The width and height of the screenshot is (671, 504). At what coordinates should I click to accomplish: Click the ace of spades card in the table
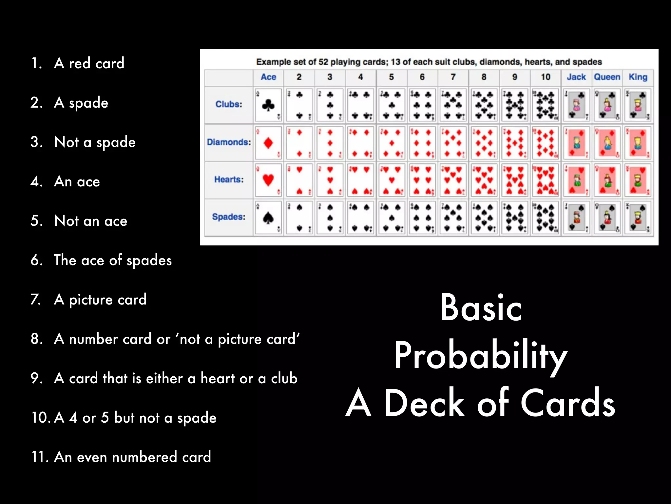[268, 217]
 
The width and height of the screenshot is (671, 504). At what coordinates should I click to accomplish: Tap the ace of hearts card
[268, 180]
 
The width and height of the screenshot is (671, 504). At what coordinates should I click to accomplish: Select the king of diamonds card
[638, 143]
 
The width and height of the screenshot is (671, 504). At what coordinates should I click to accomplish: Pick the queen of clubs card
[607, 105]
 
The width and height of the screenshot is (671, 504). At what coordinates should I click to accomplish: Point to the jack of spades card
[576, 217]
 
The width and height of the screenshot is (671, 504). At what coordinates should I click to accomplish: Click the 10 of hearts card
[546, 180]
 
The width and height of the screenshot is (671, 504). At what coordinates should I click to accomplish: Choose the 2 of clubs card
[299, 105]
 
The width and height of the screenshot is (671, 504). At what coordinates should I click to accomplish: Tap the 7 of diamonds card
[453, 143]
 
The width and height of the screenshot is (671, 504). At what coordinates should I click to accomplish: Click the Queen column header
[607, 77]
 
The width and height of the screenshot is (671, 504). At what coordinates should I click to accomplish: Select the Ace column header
[268, 77]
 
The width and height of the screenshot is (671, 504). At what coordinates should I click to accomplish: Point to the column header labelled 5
[391, 77]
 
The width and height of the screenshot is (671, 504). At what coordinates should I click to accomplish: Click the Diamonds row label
[229, 142]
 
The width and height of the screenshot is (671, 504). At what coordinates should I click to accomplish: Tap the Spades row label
[229, 217]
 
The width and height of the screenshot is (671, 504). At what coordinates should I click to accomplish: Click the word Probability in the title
[480, 356]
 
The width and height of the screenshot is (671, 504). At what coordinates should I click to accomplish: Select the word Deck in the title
[424, 403]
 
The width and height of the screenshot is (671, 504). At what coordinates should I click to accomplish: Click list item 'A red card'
[89, 63]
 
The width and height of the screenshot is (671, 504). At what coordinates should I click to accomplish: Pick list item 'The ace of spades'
[113, 260]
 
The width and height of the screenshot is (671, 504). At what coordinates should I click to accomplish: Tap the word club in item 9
[284, 378]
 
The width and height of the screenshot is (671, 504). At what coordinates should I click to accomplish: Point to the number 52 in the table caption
[323, 62]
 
